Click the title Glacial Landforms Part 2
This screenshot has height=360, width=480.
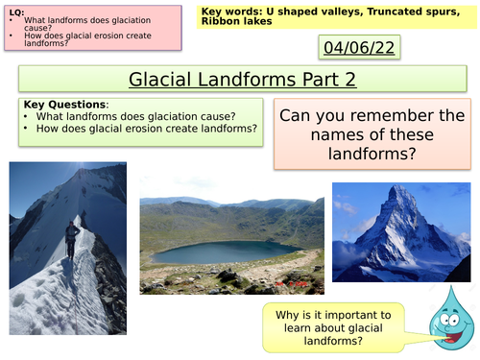(238, 80)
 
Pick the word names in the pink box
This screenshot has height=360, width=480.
(308, 135)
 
